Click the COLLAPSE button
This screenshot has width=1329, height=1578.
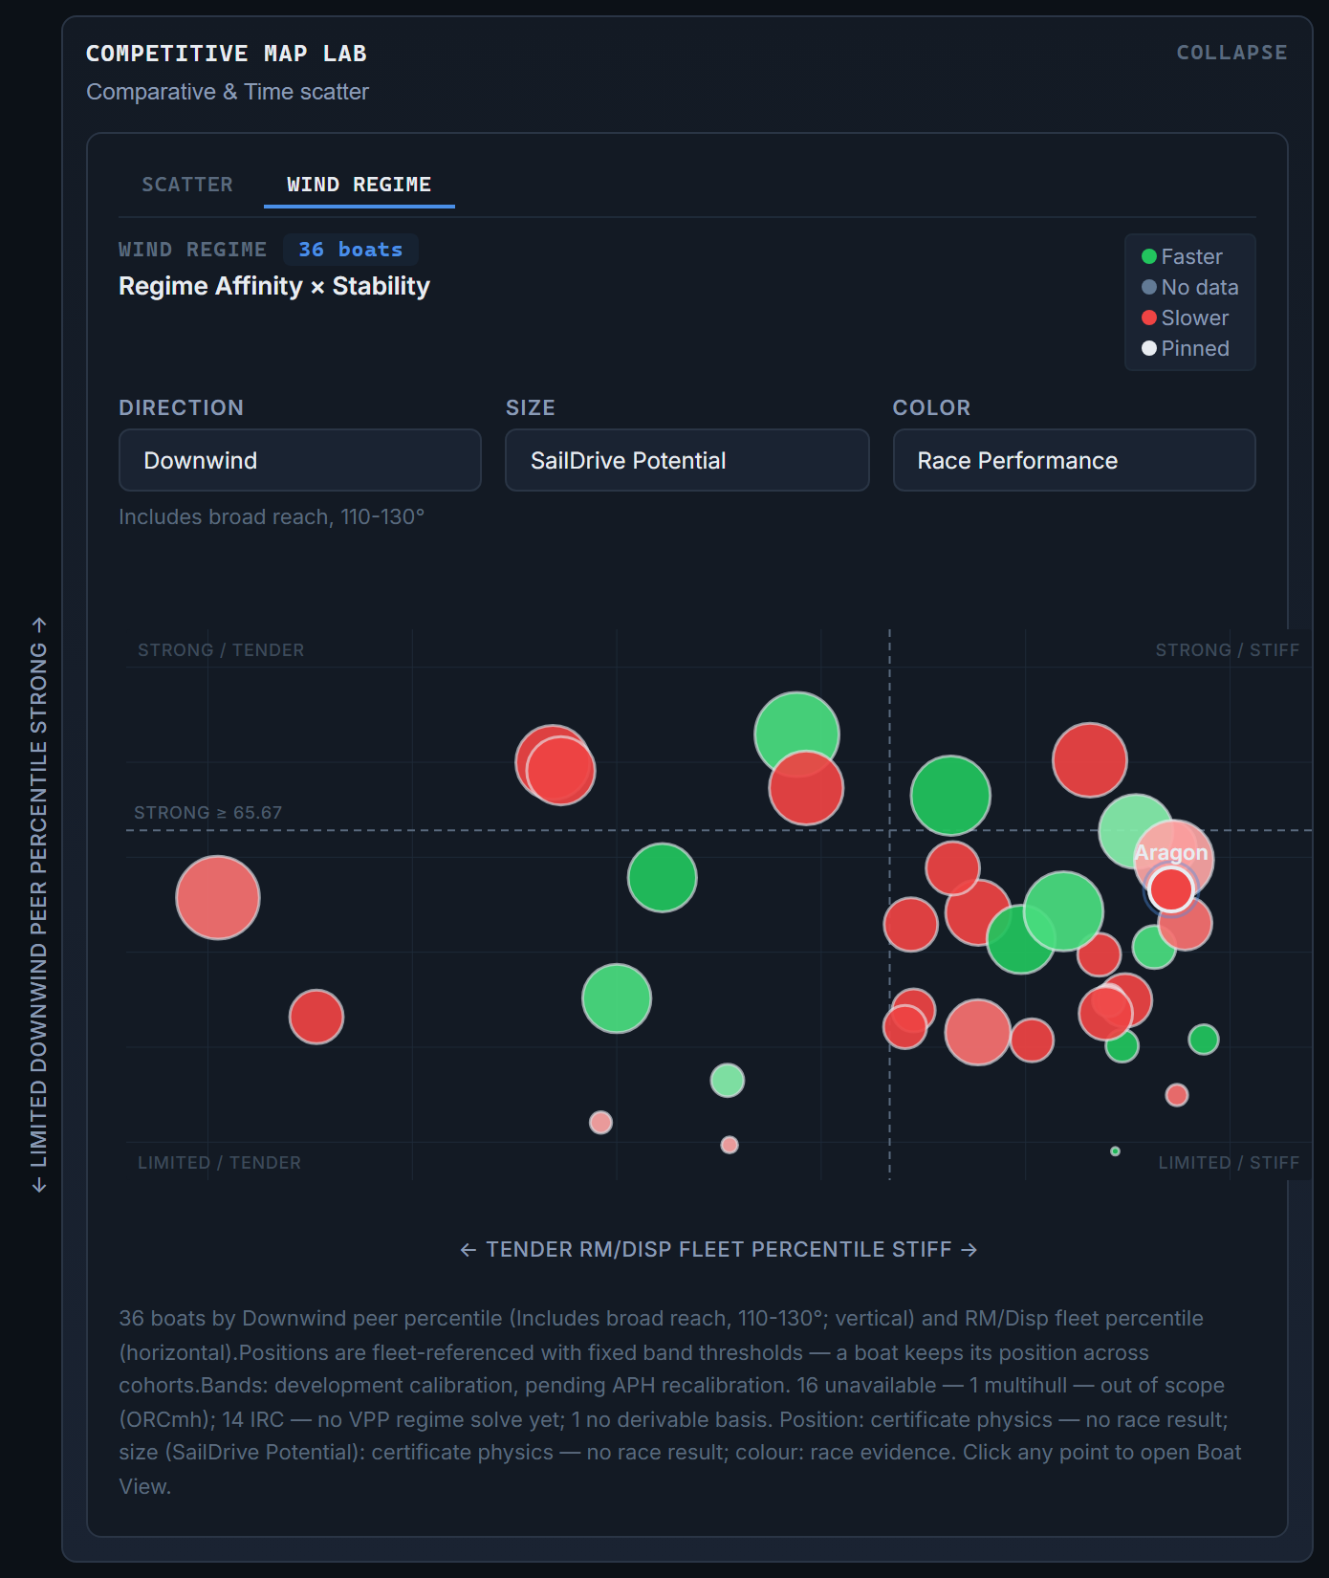coord(1231,53)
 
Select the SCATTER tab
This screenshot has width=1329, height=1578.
coord(187,185)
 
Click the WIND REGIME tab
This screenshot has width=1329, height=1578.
coord(359,185)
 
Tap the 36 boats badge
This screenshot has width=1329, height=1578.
coord(351,250)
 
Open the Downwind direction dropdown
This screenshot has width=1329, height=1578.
coord(300,460)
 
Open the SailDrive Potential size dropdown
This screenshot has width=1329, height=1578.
coord(686,460)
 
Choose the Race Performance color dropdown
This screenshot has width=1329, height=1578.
coord(1074,460)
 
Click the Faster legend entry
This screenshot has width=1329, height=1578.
coord(1183,256)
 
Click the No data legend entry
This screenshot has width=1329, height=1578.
coord(1190,287)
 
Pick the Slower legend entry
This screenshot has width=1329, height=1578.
coord(1186,318)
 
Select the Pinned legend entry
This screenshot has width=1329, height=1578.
coord(1186,348)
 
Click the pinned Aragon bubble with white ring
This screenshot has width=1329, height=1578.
coord(1171,889)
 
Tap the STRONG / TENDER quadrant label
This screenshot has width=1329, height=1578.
coord(221,650)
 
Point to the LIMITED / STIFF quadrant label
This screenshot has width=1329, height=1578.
coord(1229,1163)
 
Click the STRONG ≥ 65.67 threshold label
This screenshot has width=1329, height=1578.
coord(208,813)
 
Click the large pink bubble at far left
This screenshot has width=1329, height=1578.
coord(218,898)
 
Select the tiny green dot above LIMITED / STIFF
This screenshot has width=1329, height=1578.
coord(1115,1151)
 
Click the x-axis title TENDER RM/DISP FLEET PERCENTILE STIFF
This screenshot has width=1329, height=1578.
coord(719,1250)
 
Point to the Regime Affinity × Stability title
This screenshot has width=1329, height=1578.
coord(274,286)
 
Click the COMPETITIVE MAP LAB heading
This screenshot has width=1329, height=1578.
coord(227,54)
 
